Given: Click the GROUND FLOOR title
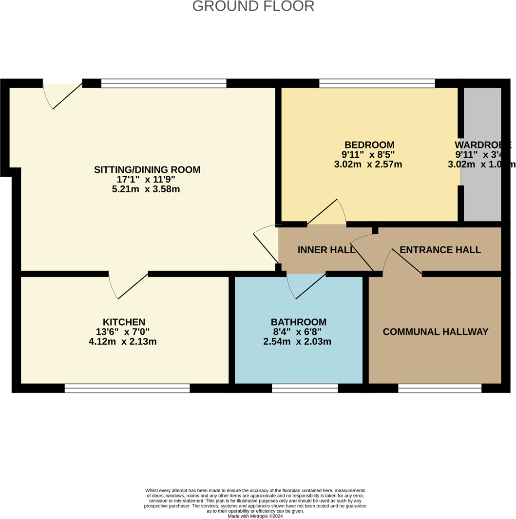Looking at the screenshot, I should click(x=253, y=6).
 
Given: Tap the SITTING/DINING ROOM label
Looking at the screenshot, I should click(x=147, y=170).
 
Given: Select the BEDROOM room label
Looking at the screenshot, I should click(x=369, y=145).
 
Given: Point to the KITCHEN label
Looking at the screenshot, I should click(x=124, y=322).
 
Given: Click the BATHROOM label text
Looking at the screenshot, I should click(x=298, y=322).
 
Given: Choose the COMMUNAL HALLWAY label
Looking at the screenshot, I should click(x=435, y=332).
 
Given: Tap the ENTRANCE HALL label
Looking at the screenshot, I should click(x=440, y=250).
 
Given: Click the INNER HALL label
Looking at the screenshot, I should click(x=326, y=250).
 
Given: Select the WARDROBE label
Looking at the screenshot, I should click(x=482, y=145).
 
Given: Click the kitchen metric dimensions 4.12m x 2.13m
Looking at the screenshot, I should click(x=123, y=342).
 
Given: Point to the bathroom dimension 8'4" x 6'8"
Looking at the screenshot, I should click(x=297, y=332).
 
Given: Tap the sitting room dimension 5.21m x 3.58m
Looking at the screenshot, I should click(x=146, y=189).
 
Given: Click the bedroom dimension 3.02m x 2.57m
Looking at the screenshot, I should click(x=368, y=165).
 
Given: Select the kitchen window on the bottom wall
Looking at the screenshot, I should click(x=127, y=388).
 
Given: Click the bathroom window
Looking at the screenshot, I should click(x=305, y=388).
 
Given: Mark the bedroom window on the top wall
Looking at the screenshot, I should click(x=377, y=83).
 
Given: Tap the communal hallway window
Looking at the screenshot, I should click(x=440, y=388).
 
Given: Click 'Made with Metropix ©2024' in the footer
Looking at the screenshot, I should click(x=255, y=516).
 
